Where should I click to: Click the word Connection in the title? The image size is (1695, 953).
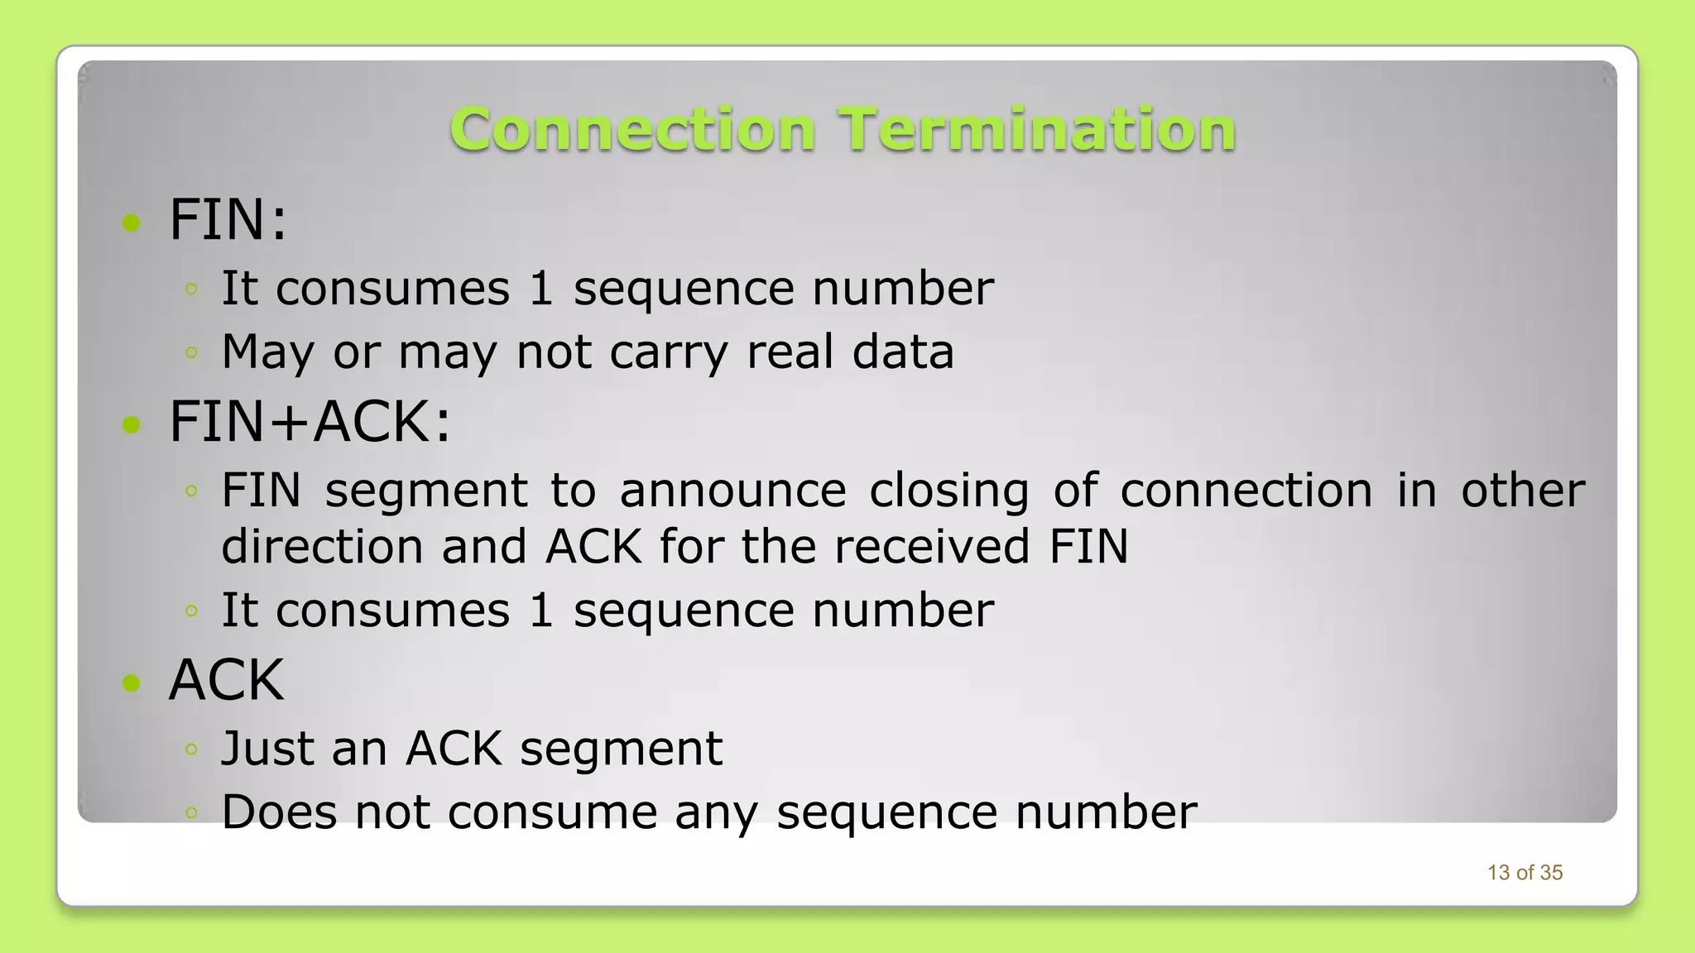(632, 130)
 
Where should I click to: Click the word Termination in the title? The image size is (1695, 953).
(1037, 130)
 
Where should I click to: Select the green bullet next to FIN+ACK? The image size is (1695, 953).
(132, 424)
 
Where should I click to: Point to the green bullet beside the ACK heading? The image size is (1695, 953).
(132, 682)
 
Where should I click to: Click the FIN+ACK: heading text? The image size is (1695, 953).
(310, 422)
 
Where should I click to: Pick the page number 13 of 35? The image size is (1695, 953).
(1525, 873)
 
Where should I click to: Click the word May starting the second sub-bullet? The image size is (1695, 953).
(267, 352)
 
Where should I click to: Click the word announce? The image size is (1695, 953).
(732, 491)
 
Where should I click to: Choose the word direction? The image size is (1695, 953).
(322, 547)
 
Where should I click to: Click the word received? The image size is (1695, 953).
(931, 547)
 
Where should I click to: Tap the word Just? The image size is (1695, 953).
(266, 749)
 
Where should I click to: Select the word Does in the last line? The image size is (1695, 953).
(279, 812)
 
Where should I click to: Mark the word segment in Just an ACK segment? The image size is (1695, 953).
(621, 750)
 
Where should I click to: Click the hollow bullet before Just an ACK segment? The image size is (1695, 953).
(191, 749)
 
